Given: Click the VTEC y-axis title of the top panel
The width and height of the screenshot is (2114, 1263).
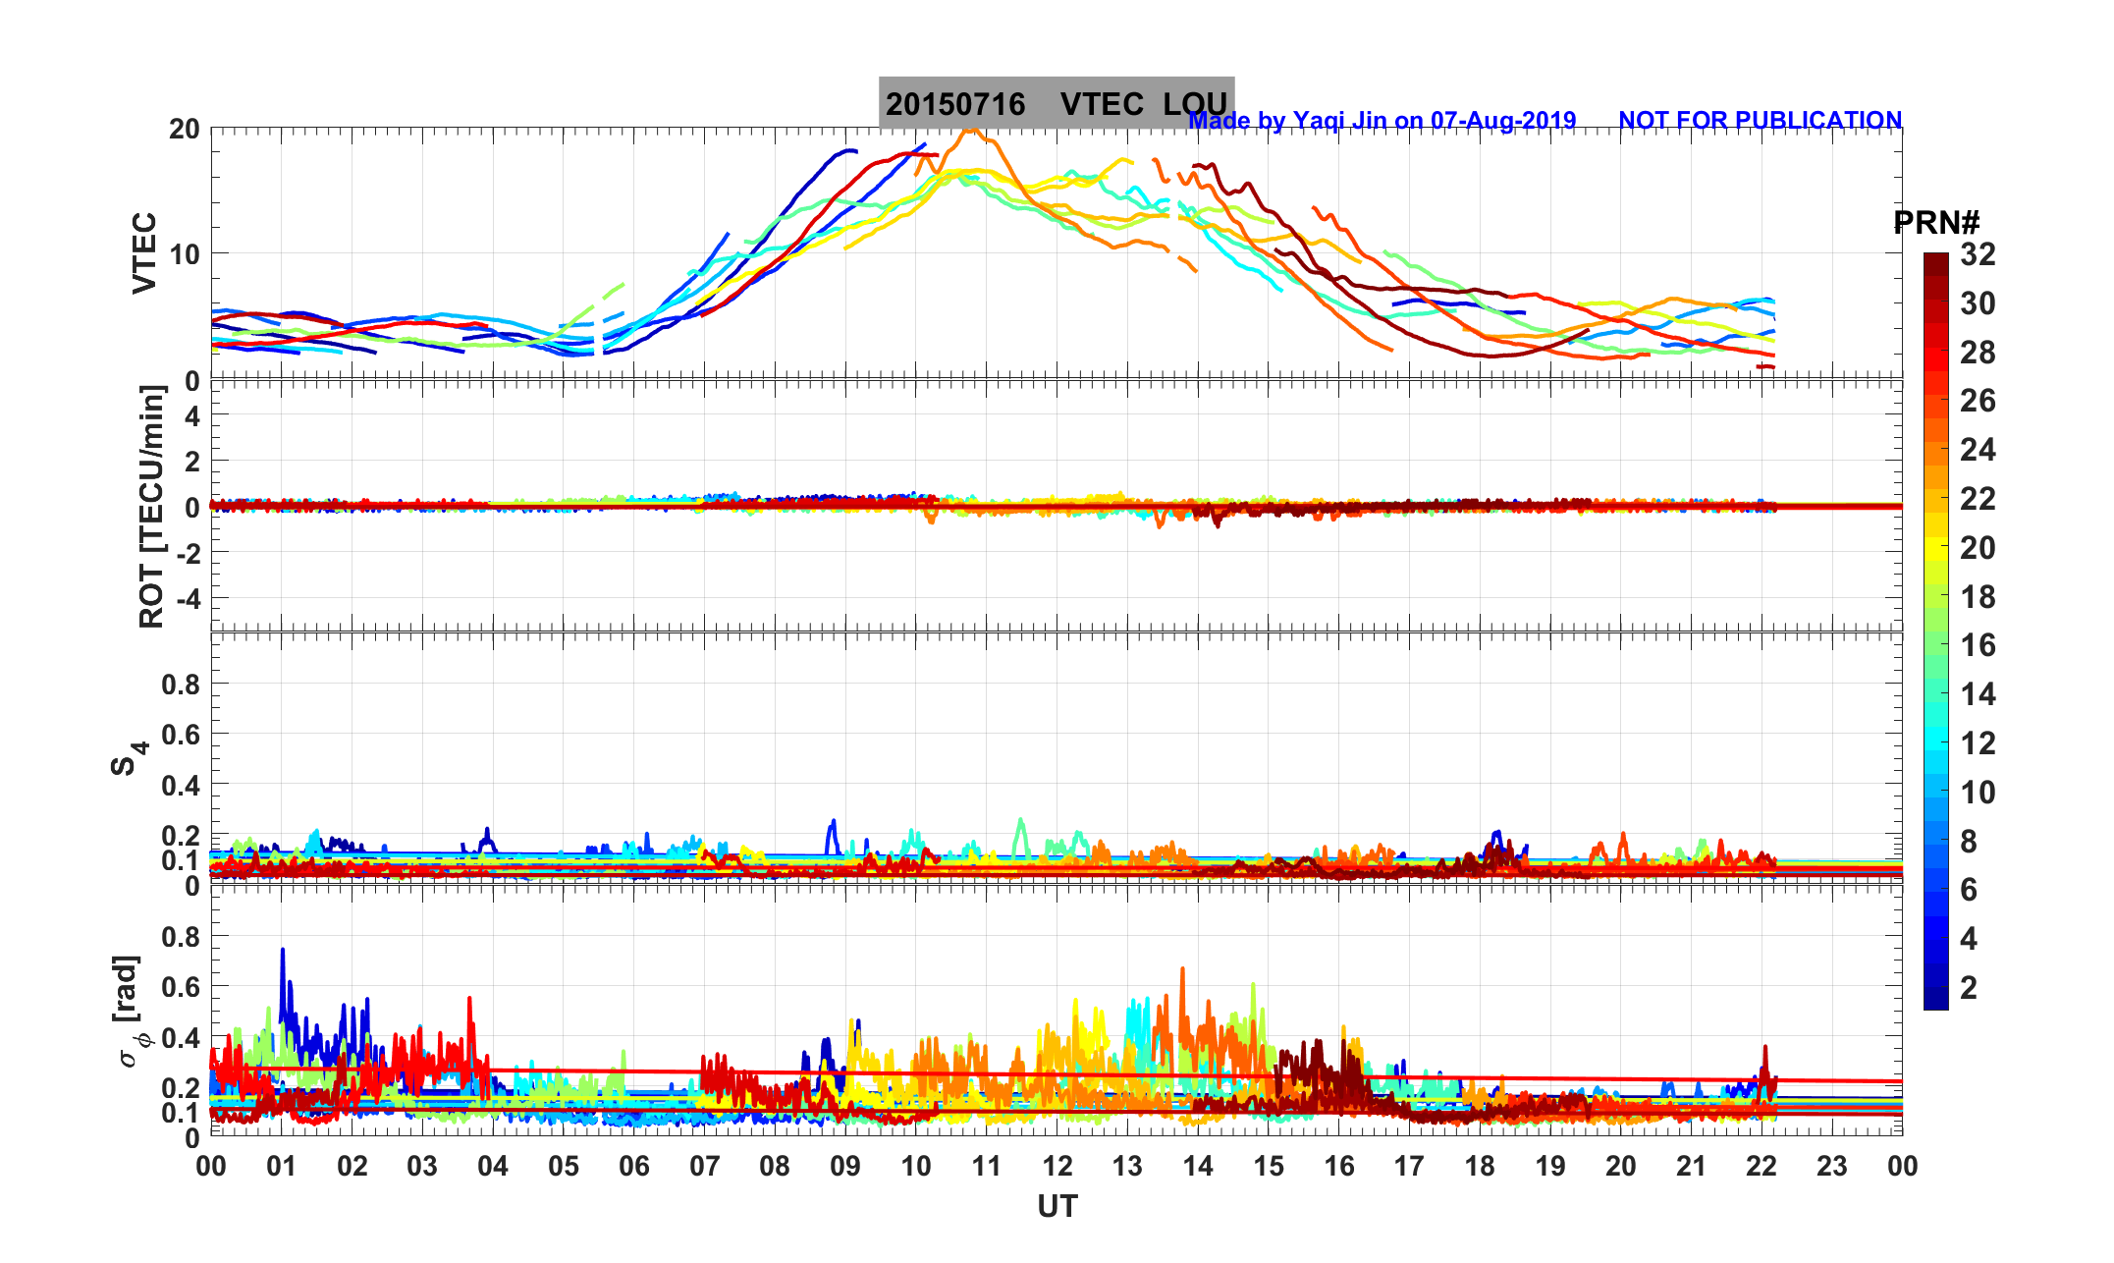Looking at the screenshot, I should tap(144, 253).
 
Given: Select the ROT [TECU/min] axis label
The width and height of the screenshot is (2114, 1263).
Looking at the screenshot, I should tap(151, 507).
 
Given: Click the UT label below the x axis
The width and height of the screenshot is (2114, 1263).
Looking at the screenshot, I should tap(1057, 1206).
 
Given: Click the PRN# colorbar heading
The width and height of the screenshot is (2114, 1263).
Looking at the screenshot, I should tap(1936, 223).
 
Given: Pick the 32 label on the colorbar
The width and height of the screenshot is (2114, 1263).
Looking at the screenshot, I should tap(1978, 254).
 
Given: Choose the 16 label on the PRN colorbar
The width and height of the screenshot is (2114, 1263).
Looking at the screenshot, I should tap(1978, 645).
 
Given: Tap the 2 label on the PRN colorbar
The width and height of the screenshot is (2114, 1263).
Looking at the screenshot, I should tap(1969, 987).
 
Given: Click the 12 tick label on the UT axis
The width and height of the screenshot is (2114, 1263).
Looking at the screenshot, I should tap(1057, 1167).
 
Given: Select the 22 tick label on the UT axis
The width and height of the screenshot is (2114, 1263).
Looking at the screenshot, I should tap(1762, 1167).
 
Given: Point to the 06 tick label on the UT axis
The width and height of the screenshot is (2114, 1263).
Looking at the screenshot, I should tap(634, 1167).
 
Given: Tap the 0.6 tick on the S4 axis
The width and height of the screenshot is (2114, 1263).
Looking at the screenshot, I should tap(181, 735).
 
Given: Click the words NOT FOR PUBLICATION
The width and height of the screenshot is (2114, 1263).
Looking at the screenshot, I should tap(1760, 120).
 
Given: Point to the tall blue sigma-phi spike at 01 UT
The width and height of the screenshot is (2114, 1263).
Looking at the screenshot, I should tap(283, 952).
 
